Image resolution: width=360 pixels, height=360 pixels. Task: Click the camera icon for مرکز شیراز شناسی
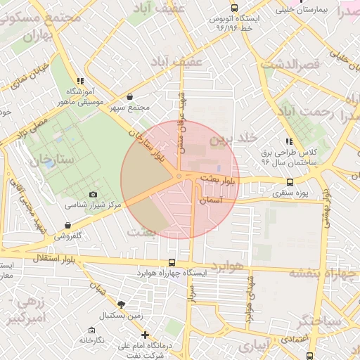[x=93, y=195]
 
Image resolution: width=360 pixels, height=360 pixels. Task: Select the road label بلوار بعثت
[x=219, y=180]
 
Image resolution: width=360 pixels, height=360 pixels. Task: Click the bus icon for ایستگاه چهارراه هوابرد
[x=173, y=262]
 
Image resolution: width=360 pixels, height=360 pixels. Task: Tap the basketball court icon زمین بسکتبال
[x=122, y=305]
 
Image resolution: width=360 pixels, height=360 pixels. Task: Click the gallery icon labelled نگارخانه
[x=91, y=330]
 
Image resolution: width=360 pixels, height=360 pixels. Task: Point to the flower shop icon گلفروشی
[x=67, y=226]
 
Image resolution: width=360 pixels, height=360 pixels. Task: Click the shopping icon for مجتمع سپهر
[x=129, y=96]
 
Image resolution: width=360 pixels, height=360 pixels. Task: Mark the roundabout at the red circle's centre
[x=180, y=176]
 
